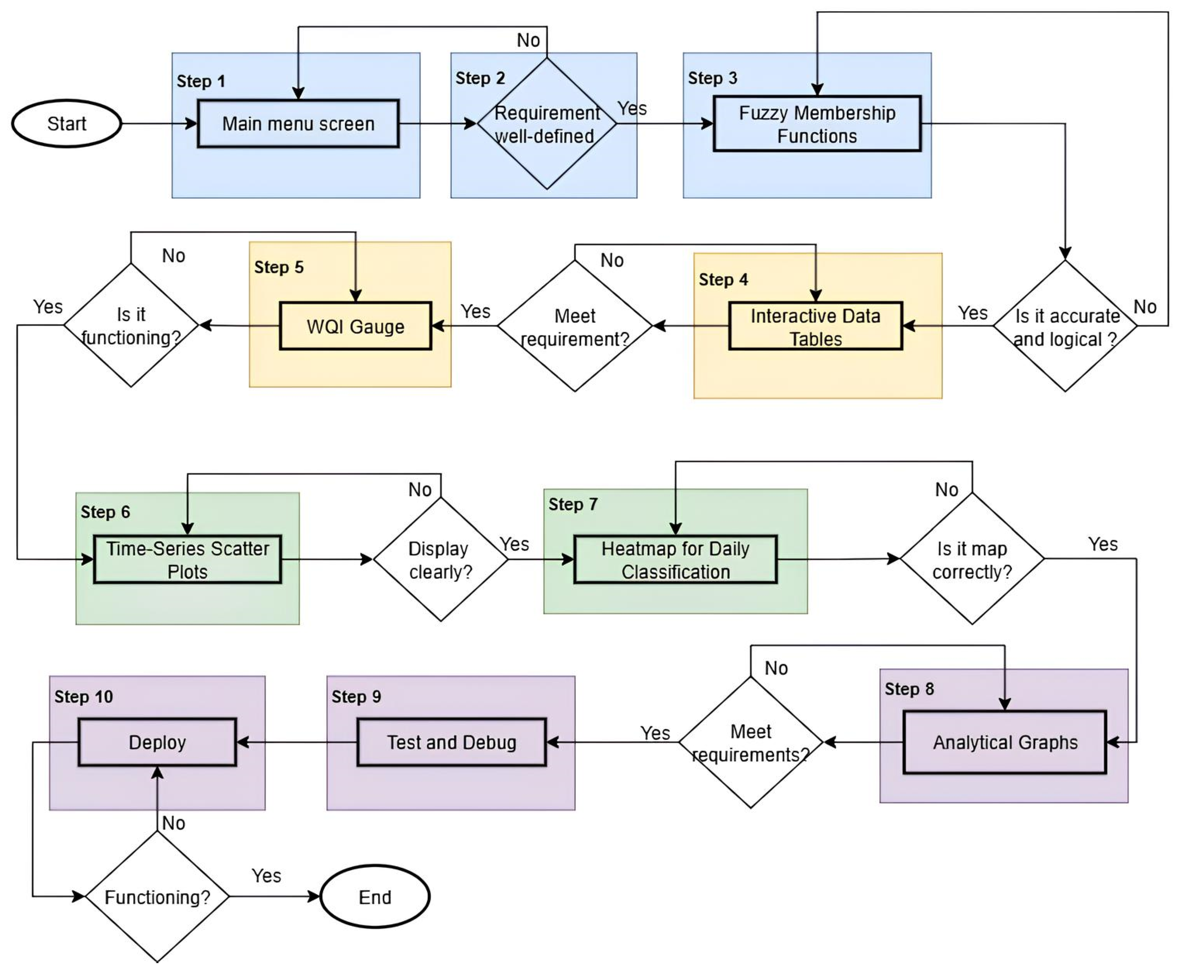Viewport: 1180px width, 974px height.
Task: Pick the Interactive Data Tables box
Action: (x=815, y=327)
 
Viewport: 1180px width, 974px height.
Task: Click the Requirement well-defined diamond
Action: (x=546, y=124)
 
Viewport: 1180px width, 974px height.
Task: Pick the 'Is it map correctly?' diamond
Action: (x=972, y=559)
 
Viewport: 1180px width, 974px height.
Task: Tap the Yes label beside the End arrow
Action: (x=266, y=875)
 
